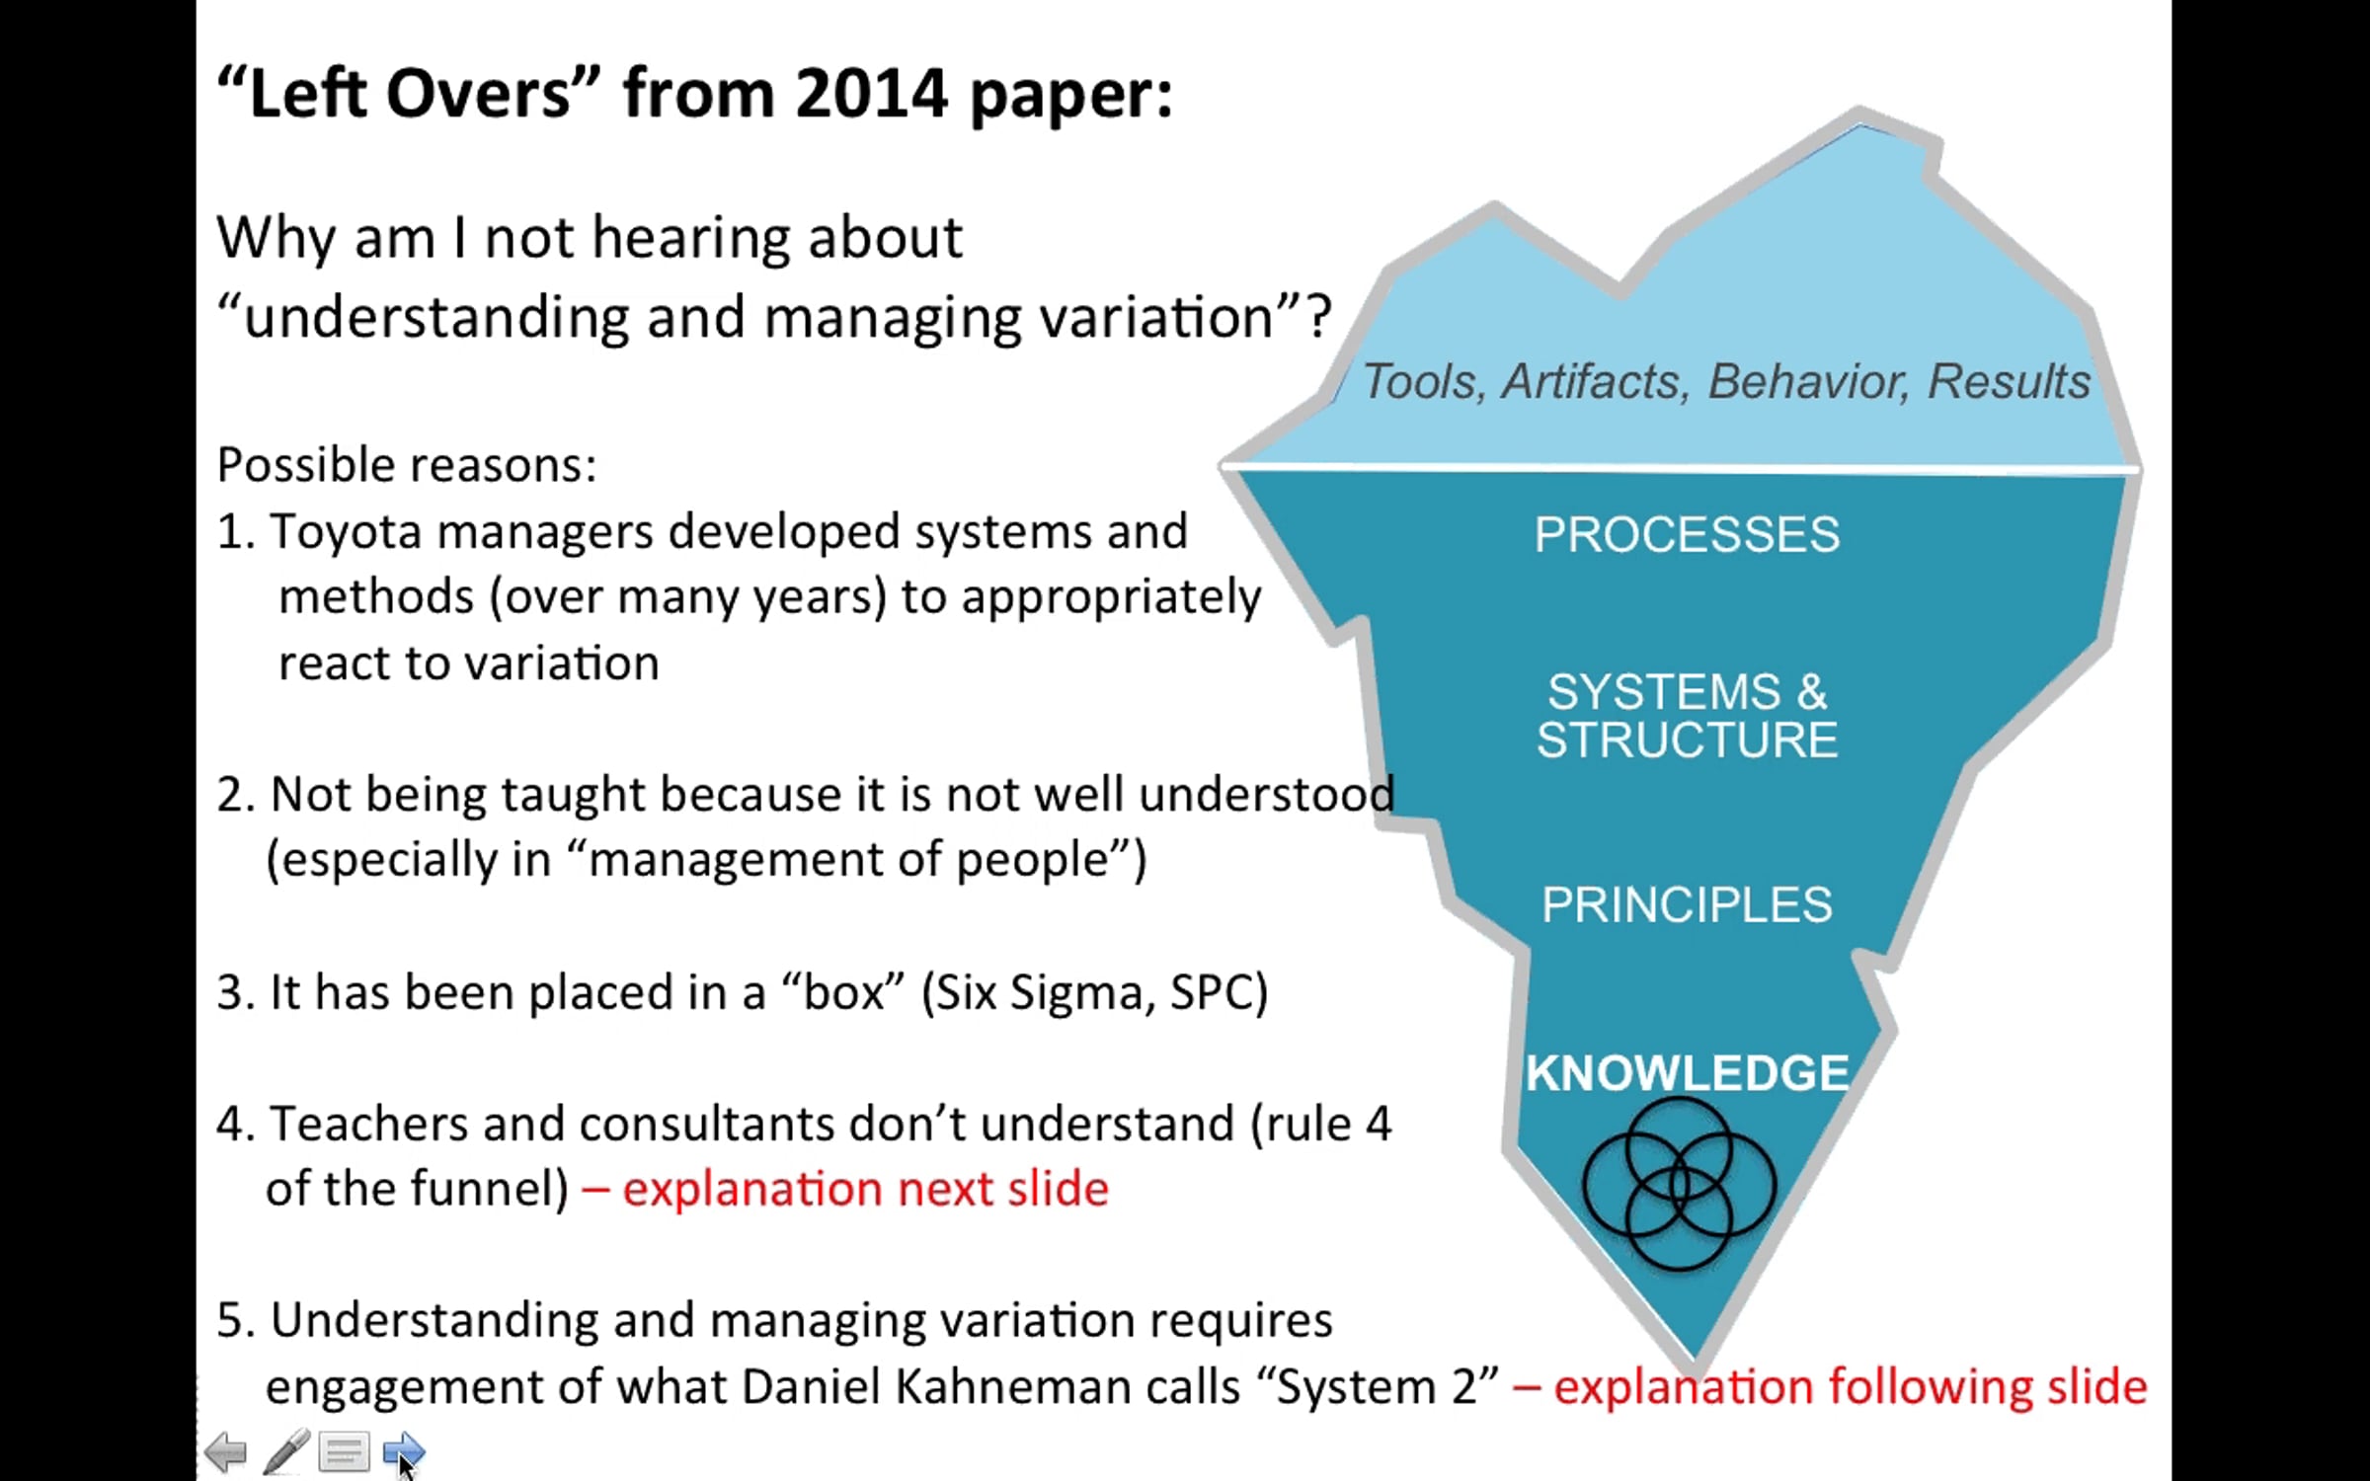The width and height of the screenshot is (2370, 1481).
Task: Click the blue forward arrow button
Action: [x=403, y=1451]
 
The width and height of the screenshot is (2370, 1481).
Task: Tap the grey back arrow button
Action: [x=226, y=1452]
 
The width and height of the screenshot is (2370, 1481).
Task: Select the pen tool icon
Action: [x=286, y=1451]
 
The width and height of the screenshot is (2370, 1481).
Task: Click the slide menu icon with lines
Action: [x=344, y=1452]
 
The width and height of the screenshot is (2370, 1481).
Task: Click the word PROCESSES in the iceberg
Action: [x=1687, y=535]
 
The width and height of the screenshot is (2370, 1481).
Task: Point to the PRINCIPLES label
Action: [x=1687, y=904]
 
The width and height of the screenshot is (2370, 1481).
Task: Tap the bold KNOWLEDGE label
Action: [x=1687, y=1073]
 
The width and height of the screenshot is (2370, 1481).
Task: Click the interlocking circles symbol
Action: [x=1679, y=1185]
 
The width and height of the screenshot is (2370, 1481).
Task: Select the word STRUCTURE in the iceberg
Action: [x=1687, y=740]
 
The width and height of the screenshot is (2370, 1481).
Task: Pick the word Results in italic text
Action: [x=2009, y=382]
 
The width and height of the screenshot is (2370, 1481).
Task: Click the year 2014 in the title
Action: [x=871, y=94]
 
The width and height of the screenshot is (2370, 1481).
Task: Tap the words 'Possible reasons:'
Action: [x=407, y=465]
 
